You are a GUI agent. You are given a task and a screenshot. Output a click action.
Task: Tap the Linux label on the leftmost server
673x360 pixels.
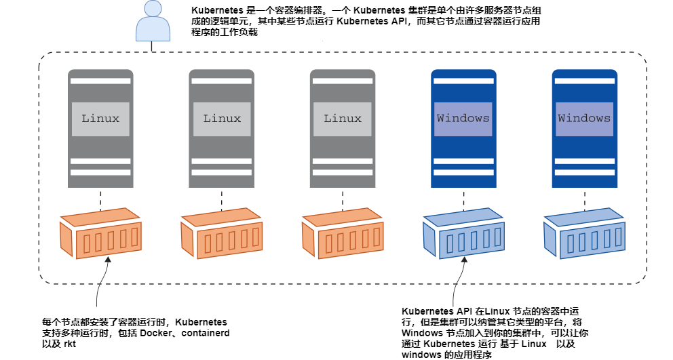tap(100, 118)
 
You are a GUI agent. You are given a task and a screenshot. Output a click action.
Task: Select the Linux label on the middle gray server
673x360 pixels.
tap(222, 118)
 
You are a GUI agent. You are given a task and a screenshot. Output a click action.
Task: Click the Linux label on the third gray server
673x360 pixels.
tap(343, 118)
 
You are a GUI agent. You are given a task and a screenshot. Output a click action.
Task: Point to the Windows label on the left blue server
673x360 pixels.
tap(463, 118)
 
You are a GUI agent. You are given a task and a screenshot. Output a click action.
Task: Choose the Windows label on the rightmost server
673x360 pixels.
tap(584, 118)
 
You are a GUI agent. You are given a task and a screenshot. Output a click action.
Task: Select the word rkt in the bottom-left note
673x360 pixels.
tap(69, 344)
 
